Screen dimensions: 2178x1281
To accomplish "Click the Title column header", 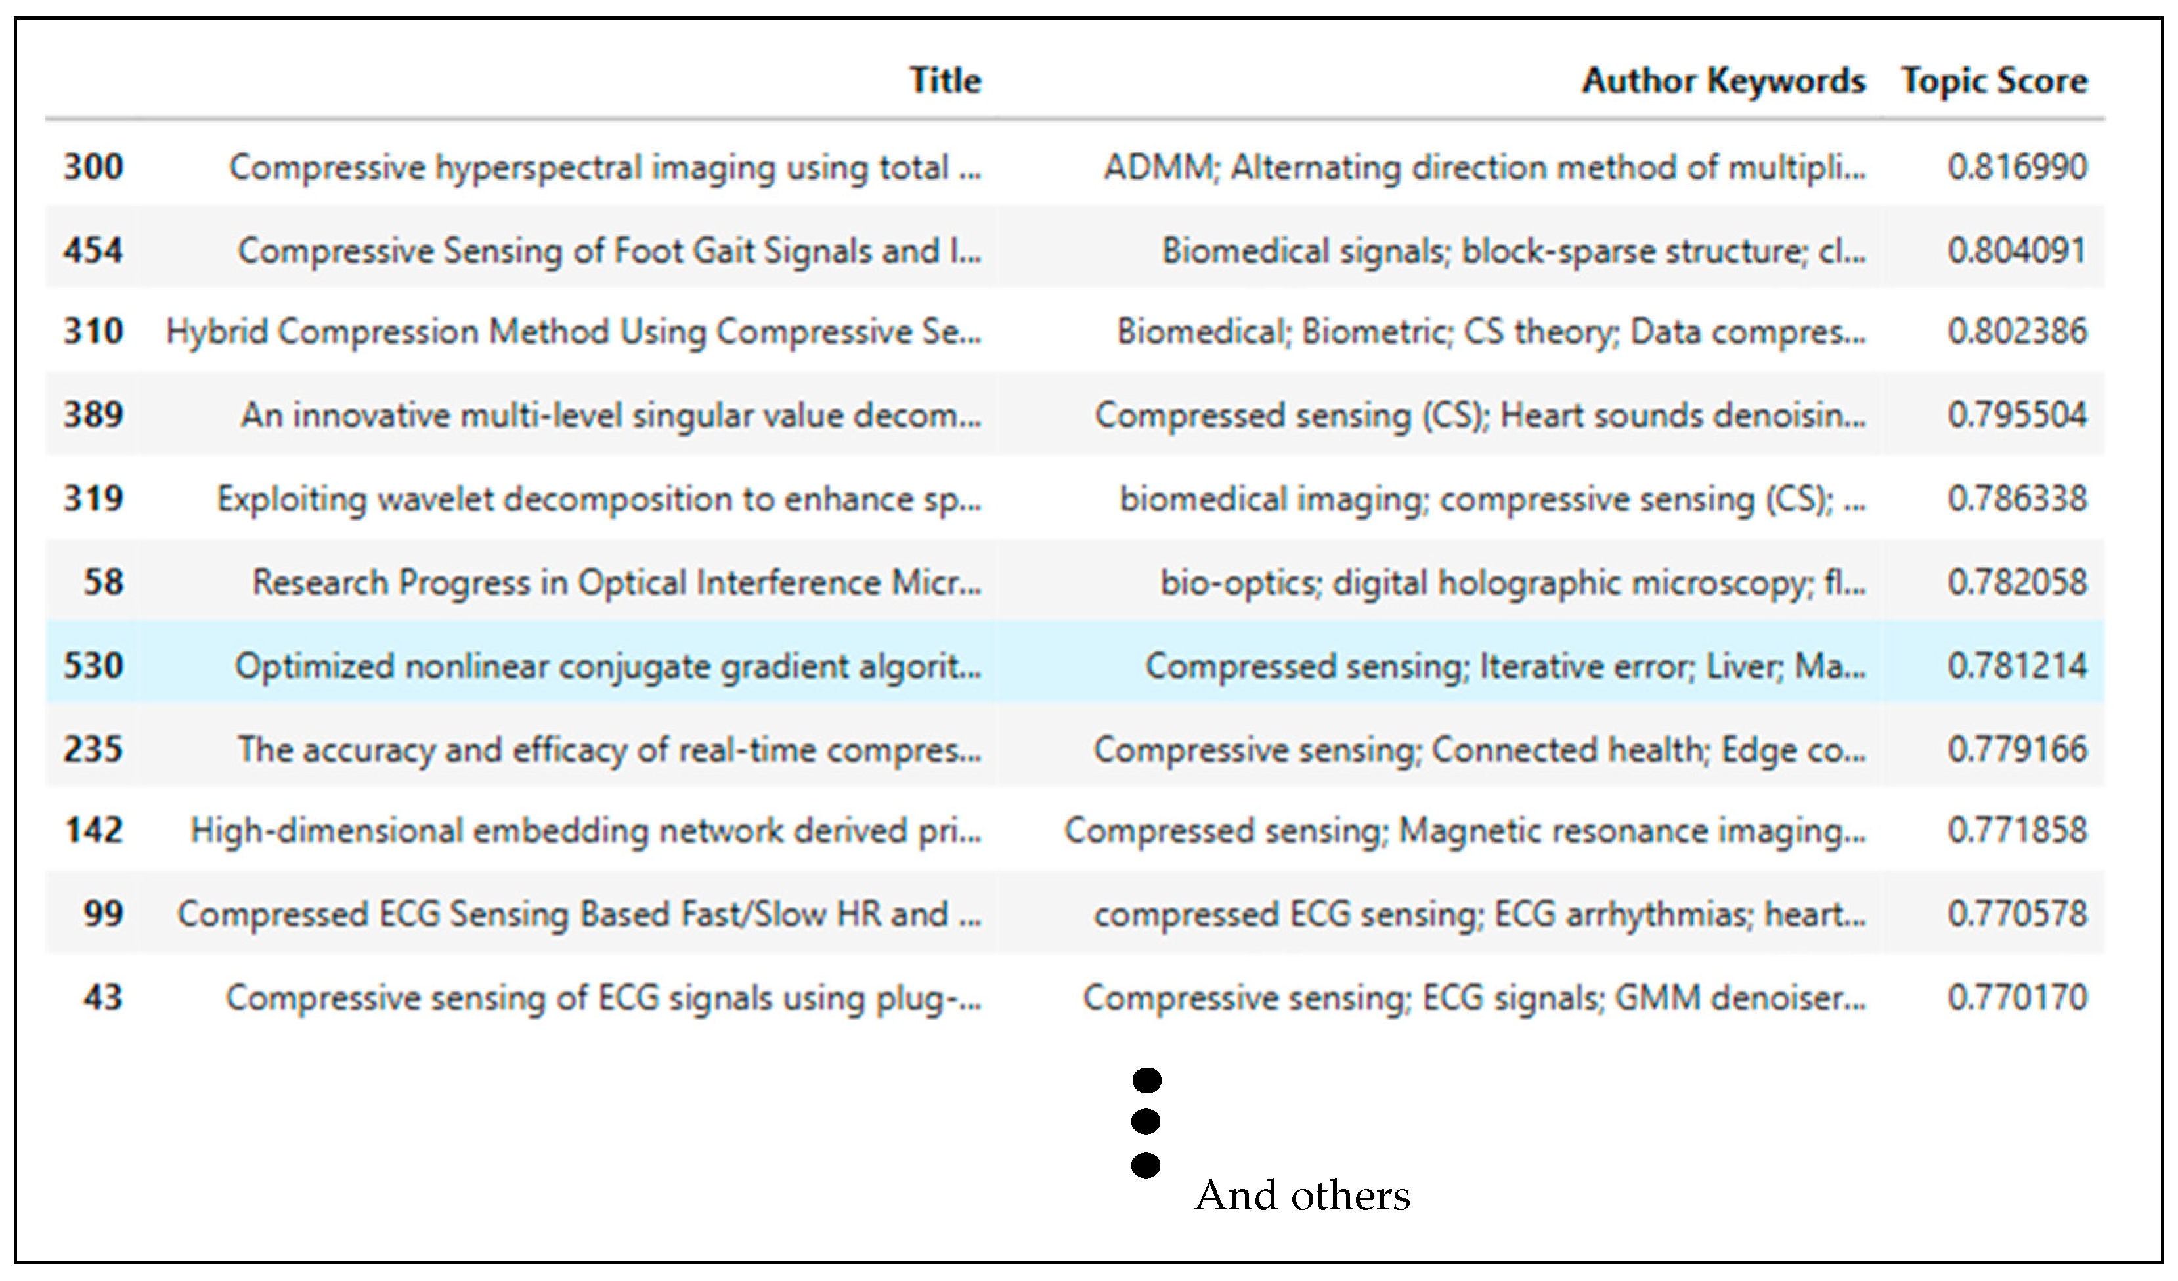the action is [x=945, y=80].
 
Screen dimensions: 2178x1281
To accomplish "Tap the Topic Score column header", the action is [x=1994, y=80].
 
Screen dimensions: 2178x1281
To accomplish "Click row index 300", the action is [x=93, y=166].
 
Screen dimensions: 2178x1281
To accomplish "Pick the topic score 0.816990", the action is [x=2016, y=166].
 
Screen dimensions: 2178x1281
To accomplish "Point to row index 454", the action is [x=93, y=250].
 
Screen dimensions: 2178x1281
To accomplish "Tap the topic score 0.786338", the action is [x=2016, y=499].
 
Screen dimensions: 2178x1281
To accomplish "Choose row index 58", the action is [x=103, y=582].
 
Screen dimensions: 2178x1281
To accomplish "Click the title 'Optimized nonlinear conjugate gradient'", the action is [x=607, y=666].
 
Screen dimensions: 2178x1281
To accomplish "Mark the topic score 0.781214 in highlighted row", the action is [x=2016, y=666].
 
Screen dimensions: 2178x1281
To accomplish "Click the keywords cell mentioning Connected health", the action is [x=1479, y=749].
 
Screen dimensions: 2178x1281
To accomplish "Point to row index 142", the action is [x=93, y=830].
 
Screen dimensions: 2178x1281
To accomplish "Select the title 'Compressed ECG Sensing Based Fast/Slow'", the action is [x=579, y=914].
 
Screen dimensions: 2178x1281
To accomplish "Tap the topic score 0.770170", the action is [x=2016, y=997].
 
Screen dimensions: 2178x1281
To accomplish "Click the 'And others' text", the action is [x=1301, y=1196].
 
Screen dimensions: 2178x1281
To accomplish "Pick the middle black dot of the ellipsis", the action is [x=1145, y=1121].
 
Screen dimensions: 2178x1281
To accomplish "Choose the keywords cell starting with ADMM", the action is [x=1484, y=167].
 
